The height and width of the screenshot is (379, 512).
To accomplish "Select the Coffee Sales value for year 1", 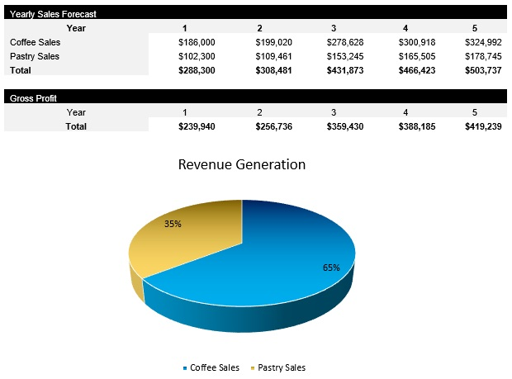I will click(x=197, y=41).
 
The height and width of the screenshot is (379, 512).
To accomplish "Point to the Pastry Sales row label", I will click(x=35, y=56).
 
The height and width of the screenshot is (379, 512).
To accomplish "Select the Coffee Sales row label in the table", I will click(x=35, y=41).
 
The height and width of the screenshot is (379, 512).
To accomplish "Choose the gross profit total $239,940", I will click(x=197, y=126).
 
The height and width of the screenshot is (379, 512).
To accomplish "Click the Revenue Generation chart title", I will click(x=242, y=164).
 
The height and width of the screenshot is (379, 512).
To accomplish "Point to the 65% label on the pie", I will click(x=331, y=268).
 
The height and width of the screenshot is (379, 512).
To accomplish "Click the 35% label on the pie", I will click(x=173, y=224).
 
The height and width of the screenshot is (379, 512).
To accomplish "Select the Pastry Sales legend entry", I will click(x=281, y=367).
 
